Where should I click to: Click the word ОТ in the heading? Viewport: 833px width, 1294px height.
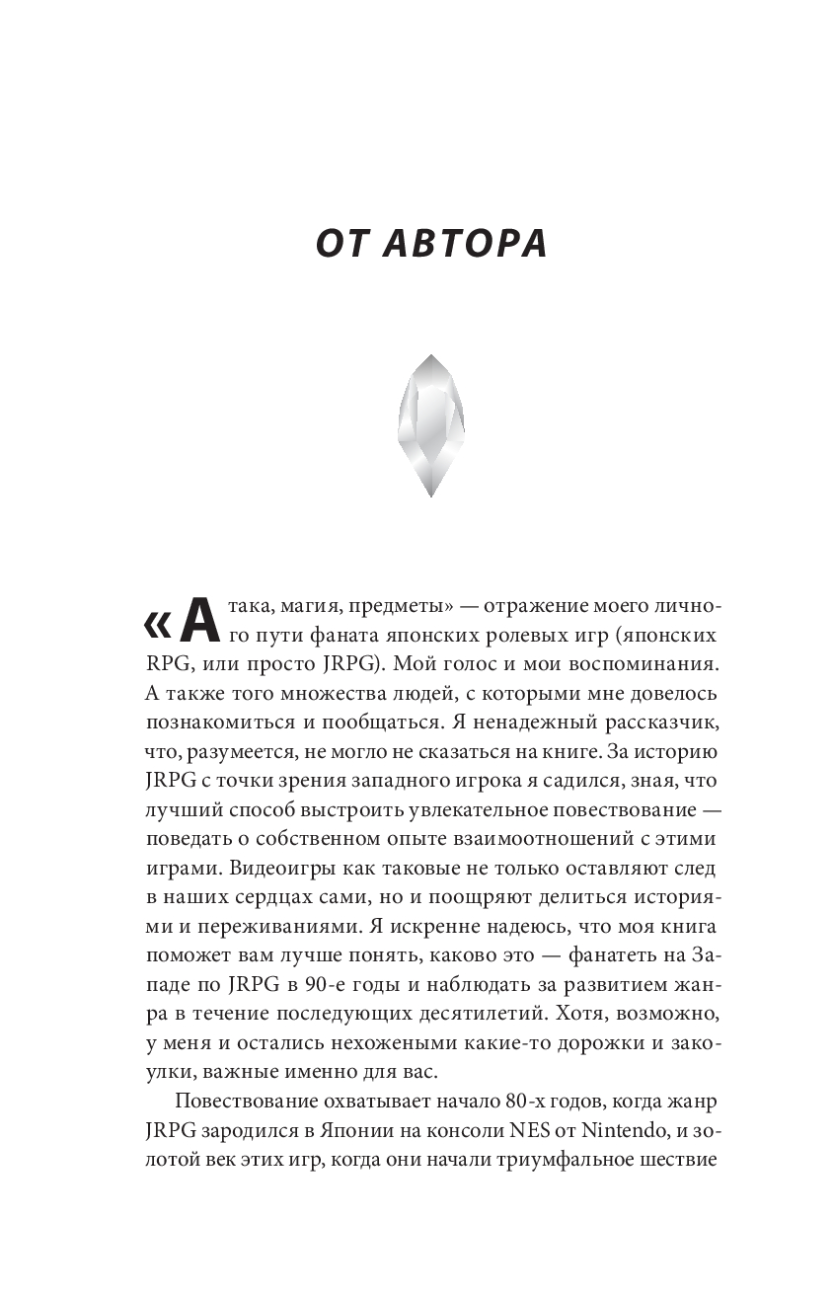click(x=341, y=244)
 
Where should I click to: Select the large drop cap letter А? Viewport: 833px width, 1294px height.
click(x=197, y=620)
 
